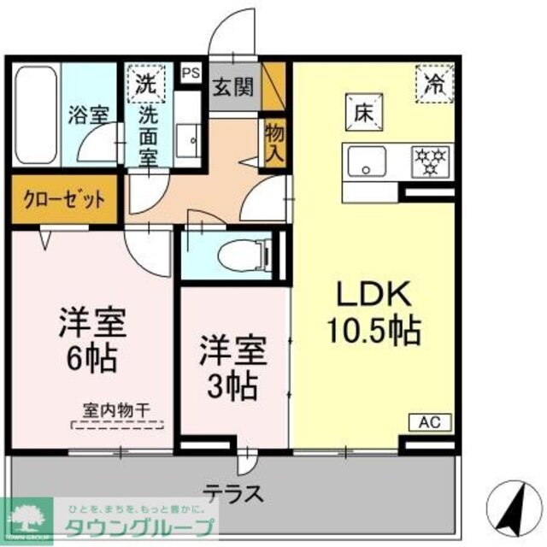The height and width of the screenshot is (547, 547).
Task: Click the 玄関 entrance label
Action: (x=232, y=87)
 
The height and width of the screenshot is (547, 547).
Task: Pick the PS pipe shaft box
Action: (x=190, y=73)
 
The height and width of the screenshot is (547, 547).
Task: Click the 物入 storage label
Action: (x=273, y=143)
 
